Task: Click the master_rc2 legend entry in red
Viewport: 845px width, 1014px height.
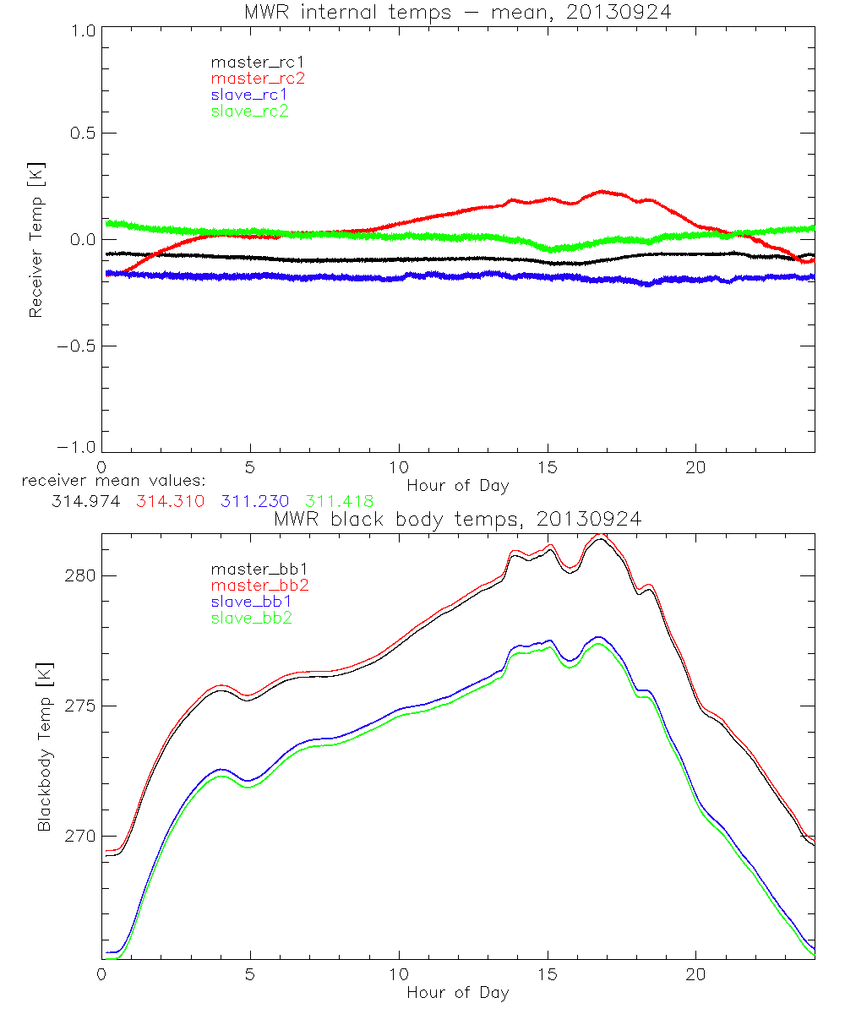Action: point(258,79)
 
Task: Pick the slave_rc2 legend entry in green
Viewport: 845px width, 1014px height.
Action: point(249,111)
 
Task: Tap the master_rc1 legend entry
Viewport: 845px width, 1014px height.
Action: point(257,63)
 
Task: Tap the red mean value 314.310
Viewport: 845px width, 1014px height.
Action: point(170,501)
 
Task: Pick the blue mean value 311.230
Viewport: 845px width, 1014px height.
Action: point(254,501)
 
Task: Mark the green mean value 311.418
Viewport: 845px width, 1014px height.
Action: point(339,501)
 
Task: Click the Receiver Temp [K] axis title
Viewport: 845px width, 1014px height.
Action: point(35,240)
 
